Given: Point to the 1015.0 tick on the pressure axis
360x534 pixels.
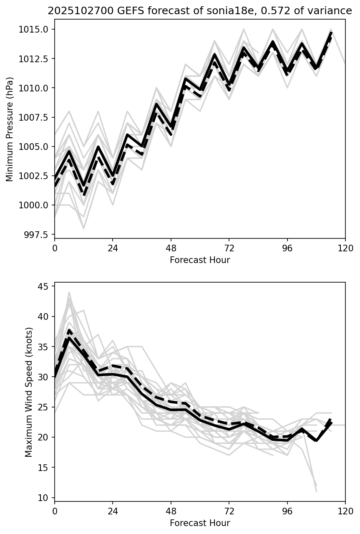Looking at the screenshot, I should click(x=37, y=29).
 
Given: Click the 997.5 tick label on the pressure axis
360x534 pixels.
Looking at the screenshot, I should click(x=39, y=235).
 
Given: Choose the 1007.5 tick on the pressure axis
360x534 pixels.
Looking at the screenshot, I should click(x=37, y=117).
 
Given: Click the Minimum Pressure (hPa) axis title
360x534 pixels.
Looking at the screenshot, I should click(x=10, y=129).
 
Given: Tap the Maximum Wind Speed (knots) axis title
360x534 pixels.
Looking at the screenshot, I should click(x=28, y=392).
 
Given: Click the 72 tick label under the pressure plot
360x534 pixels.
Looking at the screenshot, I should click(x=229, y=248).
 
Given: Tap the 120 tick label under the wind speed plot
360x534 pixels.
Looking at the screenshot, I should click(x=345, y=511).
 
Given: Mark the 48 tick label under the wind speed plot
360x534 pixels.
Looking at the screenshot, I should click(x=171, y=511).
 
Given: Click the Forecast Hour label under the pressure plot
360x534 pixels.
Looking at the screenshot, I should click(x=200, y=260).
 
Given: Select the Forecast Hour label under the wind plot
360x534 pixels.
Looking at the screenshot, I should click(x=200, y=523).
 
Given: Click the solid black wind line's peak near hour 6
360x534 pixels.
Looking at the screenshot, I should click(x=69, y=337).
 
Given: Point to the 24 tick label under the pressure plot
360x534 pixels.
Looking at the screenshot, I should click(x=113, y=248).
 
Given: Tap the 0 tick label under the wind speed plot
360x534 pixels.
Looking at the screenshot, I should click(x=55, y=511).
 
